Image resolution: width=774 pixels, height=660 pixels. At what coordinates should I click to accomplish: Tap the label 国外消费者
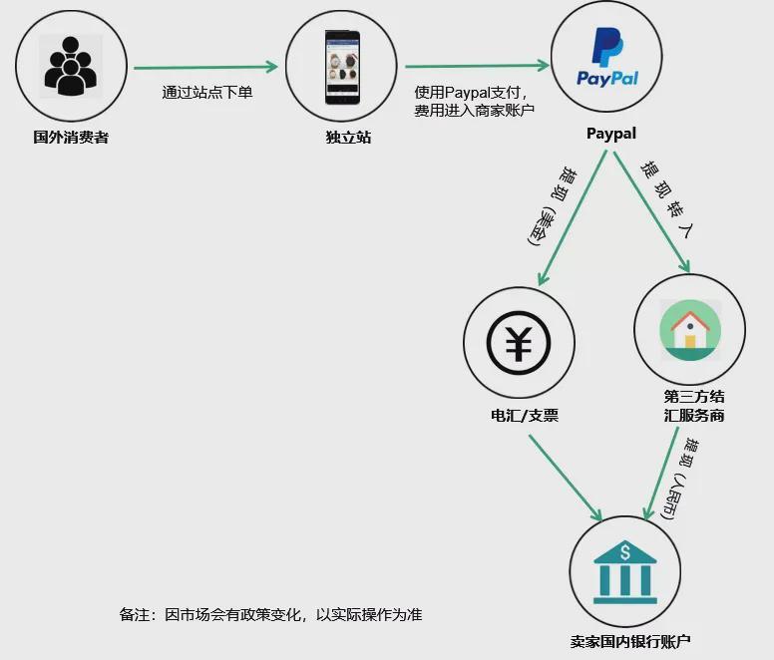(x=71, y=137)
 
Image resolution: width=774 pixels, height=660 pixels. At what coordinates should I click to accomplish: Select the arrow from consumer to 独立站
(x=205, y=68)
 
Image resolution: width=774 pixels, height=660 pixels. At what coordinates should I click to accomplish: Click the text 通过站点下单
(x=207, y=93)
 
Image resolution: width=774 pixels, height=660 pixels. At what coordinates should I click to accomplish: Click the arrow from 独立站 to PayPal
(x=477, y=67)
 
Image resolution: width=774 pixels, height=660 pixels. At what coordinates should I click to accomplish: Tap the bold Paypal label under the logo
(x=610, y=134)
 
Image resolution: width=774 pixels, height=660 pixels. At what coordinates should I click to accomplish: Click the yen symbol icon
(x=518, y=344)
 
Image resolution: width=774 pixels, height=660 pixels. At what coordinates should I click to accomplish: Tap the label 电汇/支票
(x=518, y=414)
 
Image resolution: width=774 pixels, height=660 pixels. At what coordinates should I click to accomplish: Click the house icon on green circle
(x=689, y=330)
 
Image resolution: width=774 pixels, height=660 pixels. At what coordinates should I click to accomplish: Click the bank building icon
(x=623, y=570)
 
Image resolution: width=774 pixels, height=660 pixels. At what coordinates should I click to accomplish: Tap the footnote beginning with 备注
(x=270, y=614)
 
